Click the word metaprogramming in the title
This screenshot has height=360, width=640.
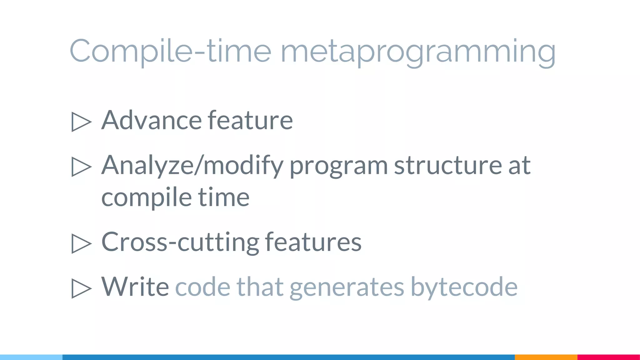click(x=418, y=52)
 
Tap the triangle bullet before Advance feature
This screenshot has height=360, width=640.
click(x=81, y=122)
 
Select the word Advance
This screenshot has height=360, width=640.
click(x=152, y=120)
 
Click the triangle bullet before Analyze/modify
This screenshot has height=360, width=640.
click(x=81, y=167)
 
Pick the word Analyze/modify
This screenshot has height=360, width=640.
click(x=192, y=166)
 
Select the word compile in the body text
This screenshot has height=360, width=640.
click(x=146, y=197)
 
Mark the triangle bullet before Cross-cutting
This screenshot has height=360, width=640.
click(x=81, y=243)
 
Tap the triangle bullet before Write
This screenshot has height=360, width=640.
click(x=81, y=288)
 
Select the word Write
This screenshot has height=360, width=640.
click(x=135, y=287)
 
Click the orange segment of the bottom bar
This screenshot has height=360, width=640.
click(x=546, y=357)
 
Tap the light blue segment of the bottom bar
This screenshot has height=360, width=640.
click(x=31, y=357)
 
